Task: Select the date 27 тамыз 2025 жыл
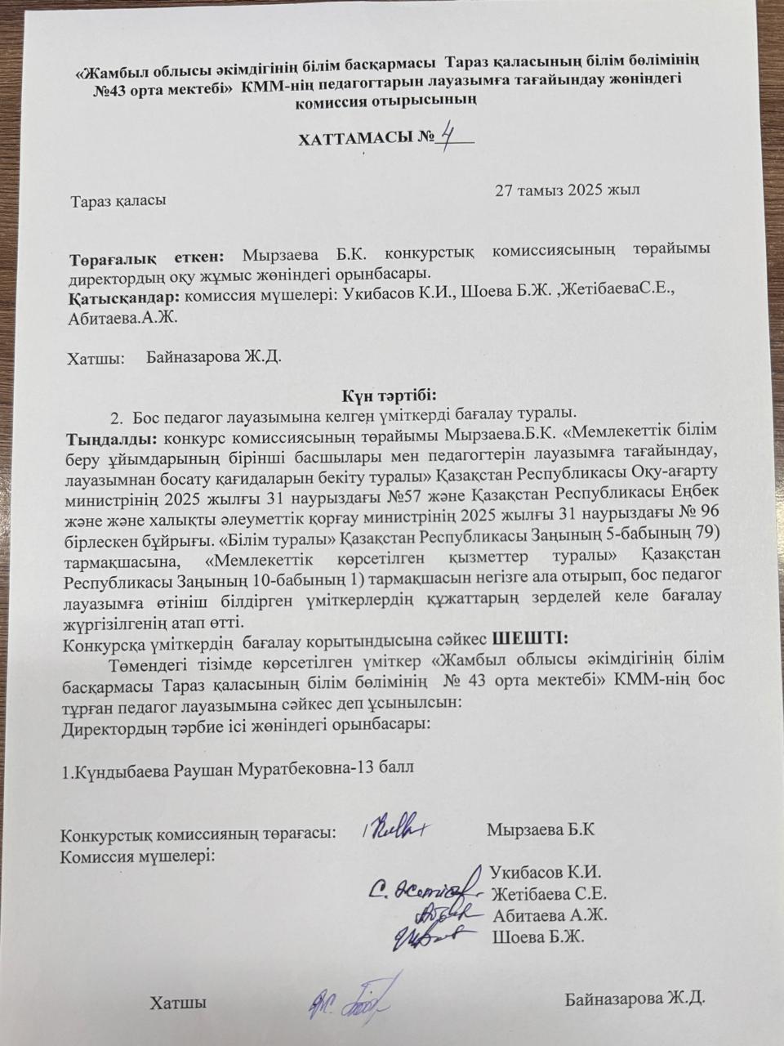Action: tap(567, 190)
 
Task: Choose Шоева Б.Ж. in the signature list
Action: tap(538, 936)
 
